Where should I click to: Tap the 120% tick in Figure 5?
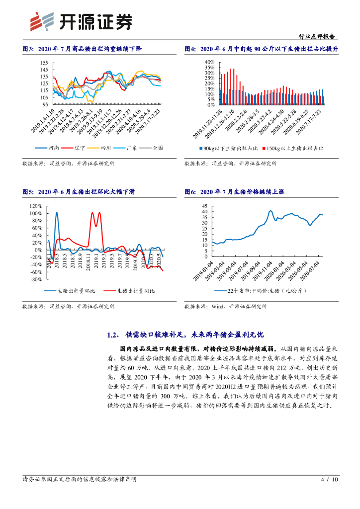tap(35, 206)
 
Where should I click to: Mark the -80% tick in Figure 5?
tap(35, 279)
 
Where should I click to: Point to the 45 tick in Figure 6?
tap(204, 206)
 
